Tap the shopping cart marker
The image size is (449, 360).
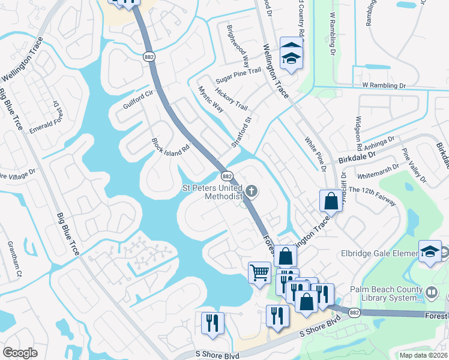259,272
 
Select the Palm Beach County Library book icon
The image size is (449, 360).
432,292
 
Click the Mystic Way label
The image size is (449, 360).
211,100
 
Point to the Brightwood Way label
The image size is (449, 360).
238,46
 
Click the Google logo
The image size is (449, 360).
20,353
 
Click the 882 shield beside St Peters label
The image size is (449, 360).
227,176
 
